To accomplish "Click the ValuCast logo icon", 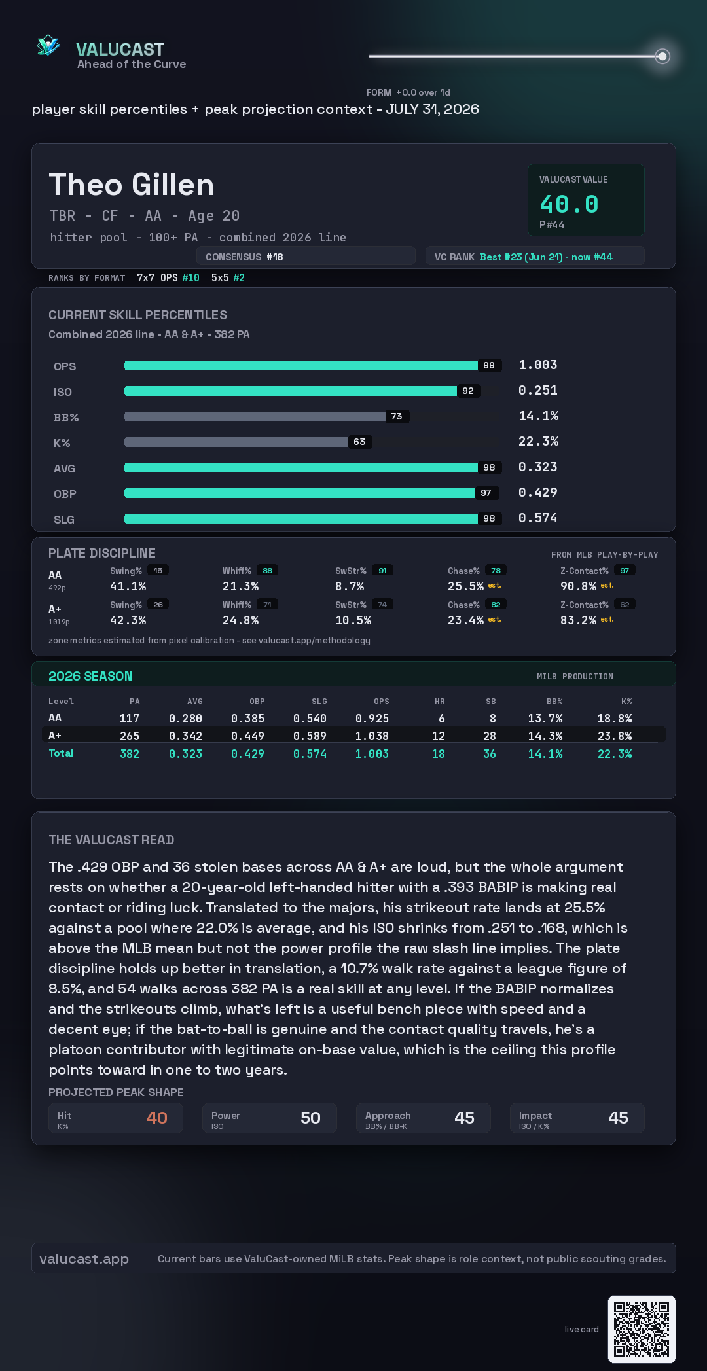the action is click(48, 45).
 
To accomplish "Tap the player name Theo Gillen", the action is click(132, 185).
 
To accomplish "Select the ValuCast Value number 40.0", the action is click(569, 204).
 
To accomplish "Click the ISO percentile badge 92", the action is click(468, 391).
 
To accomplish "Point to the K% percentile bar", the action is click(236, 442).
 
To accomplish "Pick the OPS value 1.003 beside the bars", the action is click(537, 365).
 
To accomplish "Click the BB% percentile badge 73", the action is click(397, 416).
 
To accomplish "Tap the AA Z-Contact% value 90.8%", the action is click(578, 586).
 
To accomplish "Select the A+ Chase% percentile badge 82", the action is click(496, 605).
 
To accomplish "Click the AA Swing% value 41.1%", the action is click(128, 586).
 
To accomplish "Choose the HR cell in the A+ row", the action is click(439, 736).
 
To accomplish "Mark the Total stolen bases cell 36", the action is click(490, 754).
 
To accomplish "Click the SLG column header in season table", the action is click(319, 702).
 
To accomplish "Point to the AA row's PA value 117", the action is click(130, 719).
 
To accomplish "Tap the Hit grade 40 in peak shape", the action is click(157, 1118).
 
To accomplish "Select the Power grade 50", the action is click(310, 1118).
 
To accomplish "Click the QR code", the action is click(642, 1329).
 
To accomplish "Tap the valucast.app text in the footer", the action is click(84, 1258).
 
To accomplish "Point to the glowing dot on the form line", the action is click(662, 56).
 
